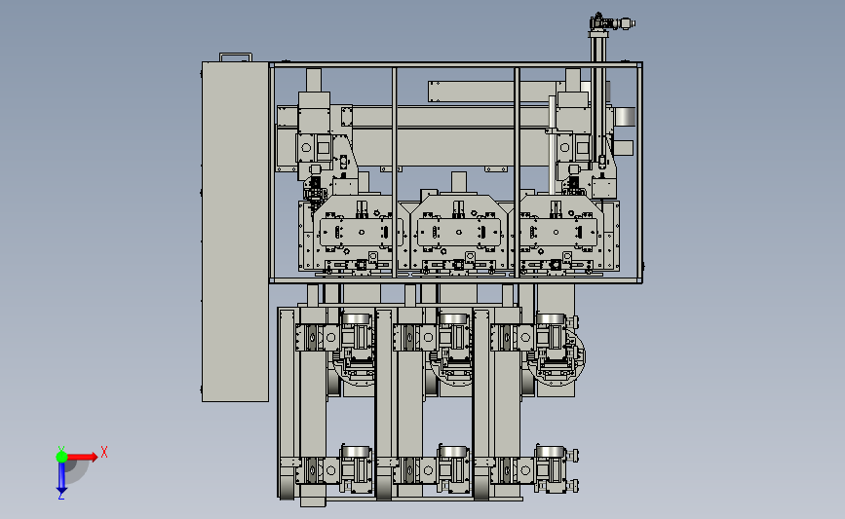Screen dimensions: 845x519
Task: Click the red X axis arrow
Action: tap(81, 457)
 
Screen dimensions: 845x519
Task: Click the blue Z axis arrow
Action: tap(61, 477)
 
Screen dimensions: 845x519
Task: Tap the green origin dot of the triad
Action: tap(61, 457)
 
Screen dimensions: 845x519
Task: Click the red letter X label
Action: tap(104, 452)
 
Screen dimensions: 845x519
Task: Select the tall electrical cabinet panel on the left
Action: tap(235, 232)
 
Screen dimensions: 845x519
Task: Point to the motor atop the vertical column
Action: tap(612, 22)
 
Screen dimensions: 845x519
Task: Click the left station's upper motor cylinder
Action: tap(356, 319)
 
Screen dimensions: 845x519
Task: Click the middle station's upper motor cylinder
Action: tap(453, 319)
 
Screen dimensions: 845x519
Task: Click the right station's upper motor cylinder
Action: tap(551, 319)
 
